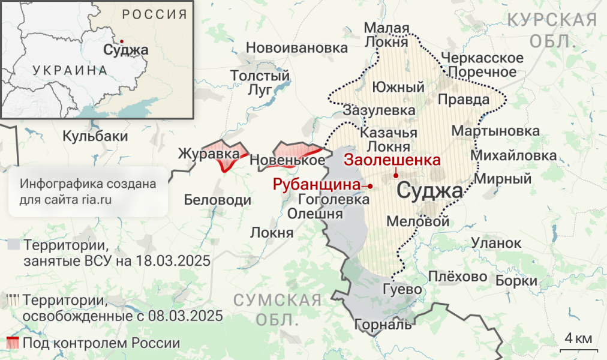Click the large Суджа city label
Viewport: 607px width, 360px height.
click(430, 192)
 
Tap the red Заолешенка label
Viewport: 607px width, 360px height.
click(392, 161)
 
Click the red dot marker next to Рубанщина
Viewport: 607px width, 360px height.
click(370, 186)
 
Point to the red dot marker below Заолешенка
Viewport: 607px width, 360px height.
click(396, 175)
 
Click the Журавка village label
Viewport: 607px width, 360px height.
click(208, 155)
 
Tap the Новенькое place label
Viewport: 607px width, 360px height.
click(287, 161)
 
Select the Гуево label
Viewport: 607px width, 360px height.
click(402, 289)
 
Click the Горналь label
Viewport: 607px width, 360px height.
click(383, 325)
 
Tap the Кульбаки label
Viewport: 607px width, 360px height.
click(95, 136)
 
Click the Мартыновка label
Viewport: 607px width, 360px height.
click(495, 131)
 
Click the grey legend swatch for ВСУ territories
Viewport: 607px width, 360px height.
click(14, 245)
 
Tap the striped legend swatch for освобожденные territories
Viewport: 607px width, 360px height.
click(13, 300)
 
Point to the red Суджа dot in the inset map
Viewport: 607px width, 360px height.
click(122, 41)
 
